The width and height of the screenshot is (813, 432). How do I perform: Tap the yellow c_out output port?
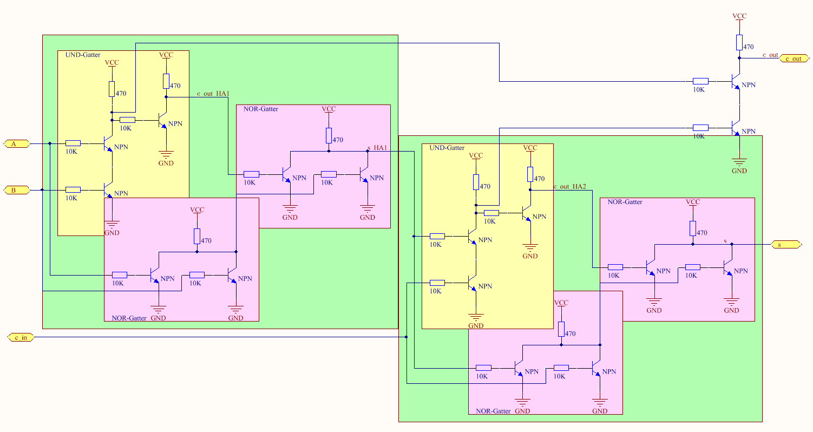pyautogui.click(x=794, y=58)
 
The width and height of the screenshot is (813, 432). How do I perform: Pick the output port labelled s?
pyautogui.click(x=785, y=245)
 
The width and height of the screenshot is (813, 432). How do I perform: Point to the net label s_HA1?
pyautogui.click(x=377, y=148)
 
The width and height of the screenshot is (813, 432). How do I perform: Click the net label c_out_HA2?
pyautogui.click(x=569, y=187)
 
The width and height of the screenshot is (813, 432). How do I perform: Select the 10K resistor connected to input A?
pyautogui.click(x=73, y=143)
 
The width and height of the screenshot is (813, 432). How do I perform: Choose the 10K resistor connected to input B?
pyautogui.click(x=73, y=190)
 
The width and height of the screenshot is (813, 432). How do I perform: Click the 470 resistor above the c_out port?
pyautogui.click(x=739, y=43)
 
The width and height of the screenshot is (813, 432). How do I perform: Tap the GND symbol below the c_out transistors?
pyautogui.click(x=739, y=162)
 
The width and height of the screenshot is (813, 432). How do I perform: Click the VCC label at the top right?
pyautogui.click(x=739, y=16)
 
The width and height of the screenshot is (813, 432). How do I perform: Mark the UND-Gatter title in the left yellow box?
pyautogui.click(x=82, y=55)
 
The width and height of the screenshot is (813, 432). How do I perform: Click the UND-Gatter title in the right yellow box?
pyautogui.click(x=447, y=148)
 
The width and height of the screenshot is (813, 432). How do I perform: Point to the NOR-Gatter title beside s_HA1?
pyautogui.click(x=261, y=109)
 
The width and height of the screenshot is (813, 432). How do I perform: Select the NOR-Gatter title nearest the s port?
pyautogui.click(x=625, y=202)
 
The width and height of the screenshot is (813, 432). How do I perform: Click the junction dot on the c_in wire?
pyautogui.click(x=406, y=337)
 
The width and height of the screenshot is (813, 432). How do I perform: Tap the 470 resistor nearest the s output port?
pyautogui.click(x=693, y=228)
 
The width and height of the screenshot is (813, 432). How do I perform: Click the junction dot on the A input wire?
pyautogui.click(x=50, y=143)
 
